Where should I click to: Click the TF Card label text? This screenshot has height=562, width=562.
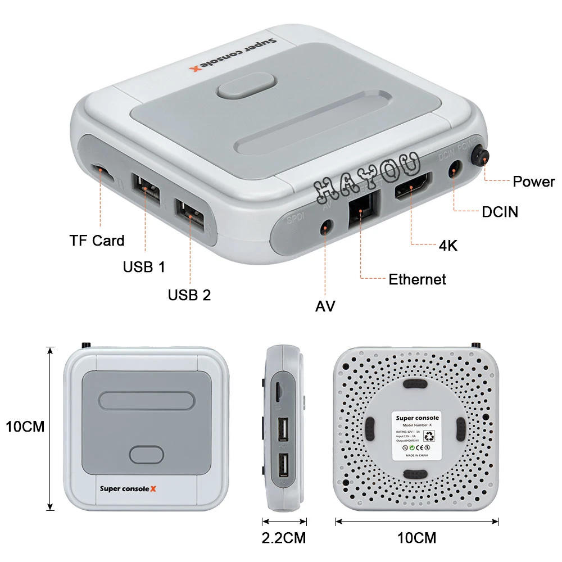pos(97,241)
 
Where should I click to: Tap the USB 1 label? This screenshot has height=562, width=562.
pos(144,266)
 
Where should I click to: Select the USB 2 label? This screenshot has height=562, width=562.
pos(189,294)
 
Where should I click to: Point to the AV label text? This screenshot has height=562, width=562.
pos(325,306)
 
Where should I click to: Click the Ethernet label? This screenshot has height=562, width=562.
pos(417,279)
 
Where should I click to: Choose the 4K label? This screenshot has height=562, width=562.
pos(447,245)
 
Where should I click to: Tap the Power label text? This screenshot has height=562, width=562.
pos(533,182)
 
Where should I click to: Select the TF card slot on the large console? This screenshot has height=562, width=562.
pos(102,171)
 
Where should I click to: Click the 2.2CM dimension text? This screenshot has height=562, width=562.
pos(283,537)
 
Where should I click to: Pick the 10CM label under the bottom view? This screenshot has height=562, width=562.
pos(416,537)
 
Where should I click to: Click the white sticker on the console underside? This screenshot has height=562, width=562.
pos(417,436)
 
